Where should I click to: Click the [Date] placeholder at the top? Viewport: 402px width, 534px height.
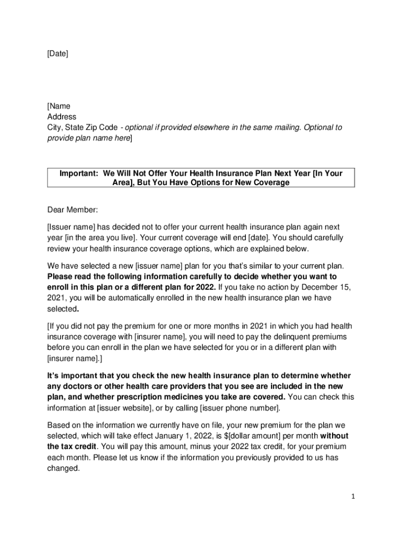[x=57, y=53]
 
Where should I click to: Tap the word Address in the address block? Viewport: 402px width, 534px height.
[x=62, y=117]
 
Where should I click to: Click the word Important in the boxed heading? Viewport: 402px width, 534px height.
[x=79, y=173]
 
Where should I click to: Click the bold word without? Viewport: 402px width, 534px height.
[x=334, y=436]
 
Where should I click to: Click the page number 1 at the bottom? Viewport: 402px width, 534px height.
[x=353, y=497]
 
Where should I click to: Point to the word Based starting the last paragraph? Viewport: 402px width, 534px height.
[x=58, y=426]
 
